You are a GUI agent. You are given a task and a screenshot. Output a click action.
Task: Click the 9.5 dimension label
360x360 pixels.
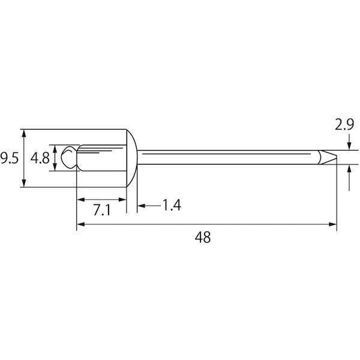click(x=9, y=158)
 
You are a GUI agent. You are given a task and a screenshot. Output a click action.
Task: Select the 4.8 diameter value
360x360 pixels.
click(x=40, y=158)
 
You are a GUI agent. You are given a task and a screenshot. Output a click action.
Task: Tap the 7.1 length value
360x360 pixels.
click(x=102, y=210)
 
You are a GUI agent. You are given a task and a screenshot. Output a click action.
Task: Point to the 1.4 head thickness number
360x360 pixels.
click(x=172, y=205)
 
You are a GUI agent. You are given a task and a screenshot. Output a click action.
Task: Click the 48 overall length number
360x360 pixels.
click(x=203, y=237)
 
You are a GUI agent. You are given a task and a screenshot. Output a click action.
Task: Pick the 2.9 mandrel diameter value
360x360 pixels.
click(x=344, y=125)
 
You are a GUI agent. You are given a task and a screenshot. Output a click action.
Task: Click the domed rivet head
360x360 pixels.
click(x=132, y=158)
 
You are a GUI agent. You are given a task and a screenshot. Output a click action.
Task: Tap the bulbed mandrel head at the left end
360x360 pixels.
click(x=68, y=157)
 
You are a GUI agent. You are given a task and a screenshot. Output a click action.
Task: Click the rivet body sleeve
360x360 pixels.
click(x=101, y=158)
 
